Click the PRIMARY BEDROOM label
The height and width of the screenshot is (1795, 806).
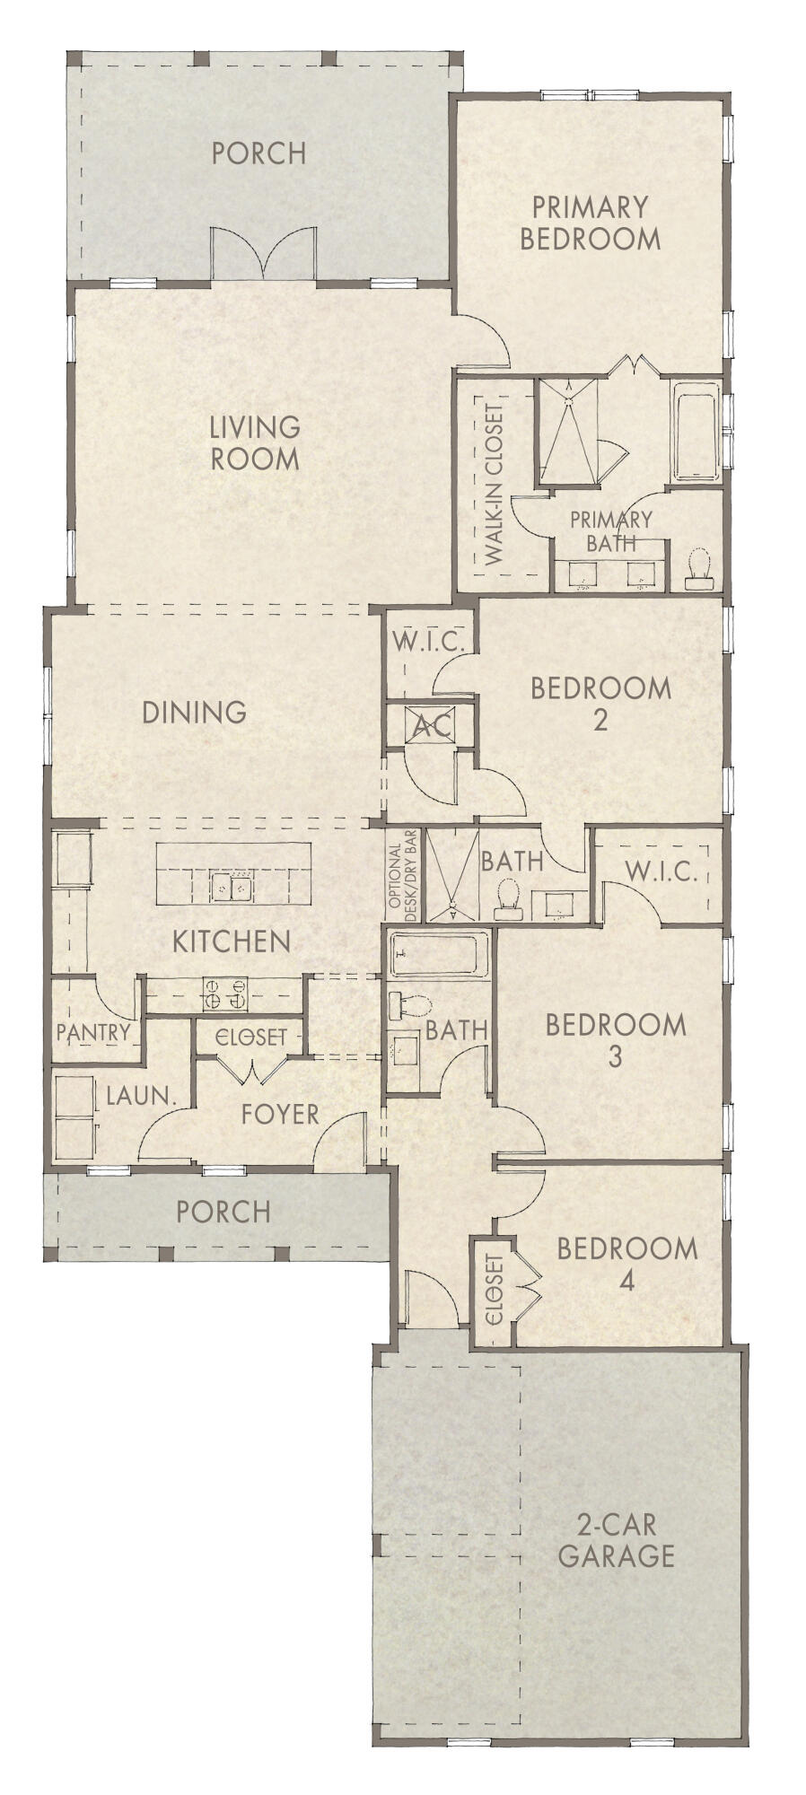[590, 223]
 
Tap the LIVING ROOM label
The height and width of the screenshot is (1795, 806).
[255, 442]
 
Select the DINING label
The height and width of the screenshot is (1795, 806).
[195, 713]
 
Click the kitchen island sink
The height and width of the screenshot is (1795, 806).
[232, 887]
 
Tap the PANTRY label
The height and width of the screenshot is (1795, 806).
[93, 1032]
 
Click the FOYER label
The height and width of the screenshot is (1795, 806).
[280, 1114]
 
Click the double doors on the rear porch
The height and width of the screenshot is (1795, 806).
[263, 255]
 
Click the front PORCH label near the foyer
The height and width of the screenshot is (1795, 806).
[223, 1212]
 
